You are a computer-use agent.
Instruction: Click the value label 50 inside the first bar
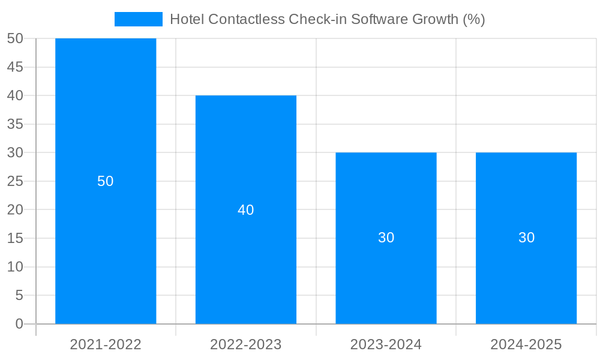point(106,181)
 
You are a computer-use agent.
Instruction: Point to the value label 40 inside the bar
point(246,210)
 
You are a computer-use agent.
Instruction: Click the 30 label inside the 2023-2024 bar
point(386,238)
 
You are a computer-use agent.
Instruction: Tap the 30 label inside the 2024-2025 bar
point(526,238)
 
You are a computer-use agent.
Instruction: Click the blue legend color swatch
point(139,19)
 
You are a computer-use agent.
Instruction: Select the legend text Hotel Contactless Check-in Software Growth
point(327,19)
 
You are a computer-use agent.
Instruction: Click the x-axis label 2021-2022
point(106,344)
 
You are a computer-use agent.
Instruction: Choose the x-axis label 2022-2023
point(246,344)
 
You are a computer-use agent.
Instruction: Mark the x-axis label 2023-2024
point(386,344)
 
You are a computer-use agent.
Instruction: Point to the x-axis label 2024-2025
point(526,344)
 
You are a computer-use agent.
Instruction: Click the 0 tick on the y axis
point(19,324)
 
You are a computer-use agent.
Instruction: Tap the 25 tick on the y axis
point(15,181)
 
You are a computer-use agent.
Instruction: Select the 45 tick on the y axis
point(15,67)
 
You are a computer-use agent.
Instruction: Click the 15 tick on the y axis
point(15,238)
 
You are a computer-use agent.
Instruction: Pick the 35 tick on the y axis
point(15,124)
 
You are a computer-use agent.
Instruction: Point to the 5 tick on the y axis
point(19,295)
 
